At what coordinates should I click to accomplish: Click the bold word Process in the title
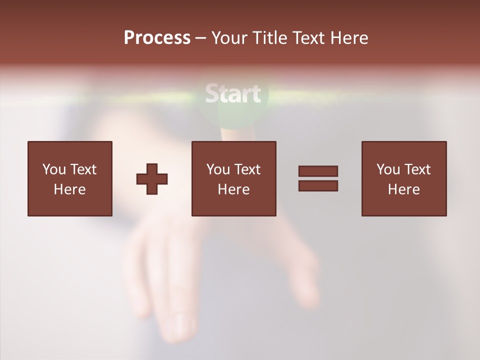tap(157, 38)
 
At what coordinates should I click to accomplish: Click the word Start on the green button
tap(233, 94)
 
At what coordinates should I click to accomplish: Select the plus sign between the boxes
tap(152, 179)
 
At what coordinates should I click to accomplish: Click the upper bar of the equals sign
tap(318, 171)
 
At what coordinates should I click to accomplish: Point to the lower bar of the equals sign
tap(318, 186)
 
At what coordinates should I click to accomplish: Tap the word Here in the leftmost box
tap(69, 189)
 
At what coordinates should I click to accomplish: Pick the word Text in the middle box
tap(247, 169)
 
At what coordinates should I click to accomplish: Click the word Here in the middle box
tap(233, 189)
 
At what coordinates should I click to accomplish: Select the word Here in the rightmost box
tap(403, 189)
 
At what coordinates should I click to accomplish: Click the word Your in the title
tap(229, 38)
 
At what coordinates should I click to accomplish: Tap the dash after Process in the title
tap(201, 38)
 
